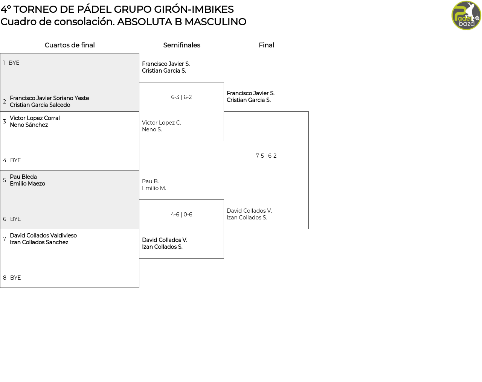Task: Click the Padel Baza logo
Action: tap(466, 15)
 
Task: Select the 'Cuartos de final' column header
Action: tap(70, 45)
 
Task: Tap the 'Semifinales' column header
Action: tap(182, 45)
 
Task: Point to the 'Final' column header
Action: tap(266, 45)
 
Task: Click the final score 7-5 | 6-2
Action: tap(266, 155)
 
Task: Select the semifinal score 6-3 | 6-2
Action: tap(182, 97)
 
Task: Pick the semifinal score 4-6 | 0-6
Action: tap(182, 214)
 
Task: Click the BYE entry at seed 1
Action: tap(14, 63)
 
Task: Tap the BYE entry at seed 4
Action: tap(15, 160)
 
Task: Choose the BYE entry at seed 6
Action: tap(15, 219)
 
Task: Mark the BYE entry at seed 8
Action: tap(15, 277)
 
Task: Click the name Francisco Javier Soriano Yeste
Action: tap(49, 98)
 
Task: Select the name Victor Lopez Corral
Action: tap(35, 118)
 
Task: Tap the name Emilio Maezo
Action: tap(27, 183)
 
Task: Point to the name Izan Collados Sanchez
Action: tap(39, 242)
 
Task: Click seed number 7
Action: tap(5, 239)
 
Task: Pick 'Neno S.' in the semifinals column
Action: tap(152, 129)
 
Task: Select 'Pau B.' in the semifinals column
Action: tap(150, 181)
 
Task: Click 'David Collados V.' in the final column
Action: tap(249, 210)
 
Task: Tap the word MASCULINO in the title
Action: tap(215, 22)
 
